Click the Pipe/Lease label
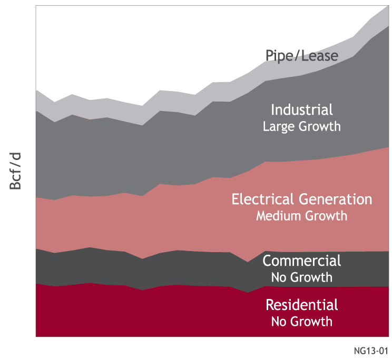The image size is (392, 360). tap(301, 56)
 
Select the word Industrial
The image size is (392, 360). tap(301, 110)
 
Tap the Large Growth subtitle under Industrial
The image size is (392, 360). tap(301, 127)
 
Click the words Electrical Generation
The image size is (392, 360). tap(301, 199)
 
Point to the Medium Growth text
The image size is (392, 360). tap(301, 216)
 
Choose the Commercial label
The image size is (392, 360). tap(301, 261)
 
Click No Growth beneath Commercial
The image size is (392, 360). tap(301, 277)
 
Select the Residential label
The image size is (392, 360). tap(301, 305)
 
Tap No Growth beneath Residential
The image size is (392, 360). tap(301, 322)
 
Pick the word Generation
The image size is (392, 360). tap(336, 199)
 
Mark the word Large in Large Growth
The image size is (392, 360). tap(276, 127)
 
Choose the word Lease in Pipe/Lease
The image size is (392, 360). tap(320, 56)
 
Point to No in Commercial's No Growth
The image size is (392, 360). tap(279, 277)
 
